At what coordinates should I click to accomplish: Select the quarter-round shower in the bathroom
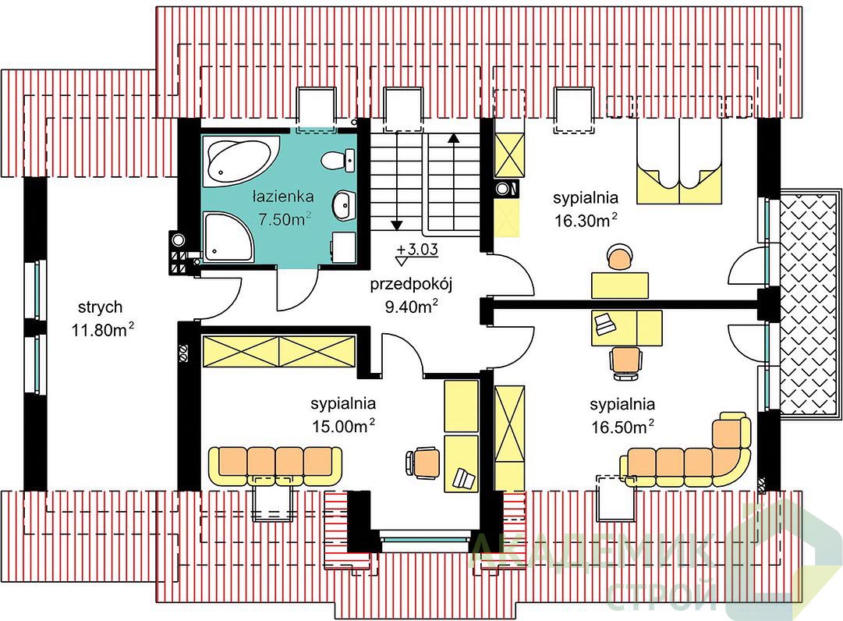(x=227, y=236)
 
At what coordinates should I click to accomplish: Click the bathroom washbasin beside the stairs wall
(x=344, y=205)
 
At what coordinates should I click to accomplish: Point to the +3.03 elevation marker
(x=416, y=254)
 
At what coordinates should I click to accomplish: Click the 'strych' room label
(x=100, y=307)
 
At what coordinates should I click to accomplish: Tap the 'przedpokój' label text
(x=411, y=284)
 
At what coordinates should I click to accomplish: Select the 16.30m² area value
(x=586, y=220)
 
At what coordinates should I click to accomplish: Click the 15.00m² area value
(x=343, y=426)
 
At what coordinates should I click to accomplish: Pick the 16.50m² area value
(x=622, y=427)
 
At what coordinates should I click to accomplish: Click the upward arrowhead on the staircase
(x=455, y=137)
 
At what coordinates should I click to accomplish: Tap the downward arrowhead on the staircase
(x=397, y=225)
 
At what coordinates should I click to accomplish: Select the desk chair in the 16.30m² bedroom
(x=620, y=257)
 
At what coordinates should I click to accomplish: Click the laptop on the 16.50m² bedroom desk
(x=605, y=324)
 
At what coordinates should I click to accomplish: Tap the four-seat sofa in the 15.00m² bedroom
(x=275, y=466)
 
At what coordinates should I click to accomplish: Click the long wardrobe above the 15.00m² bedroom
(x=279, y=352)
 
